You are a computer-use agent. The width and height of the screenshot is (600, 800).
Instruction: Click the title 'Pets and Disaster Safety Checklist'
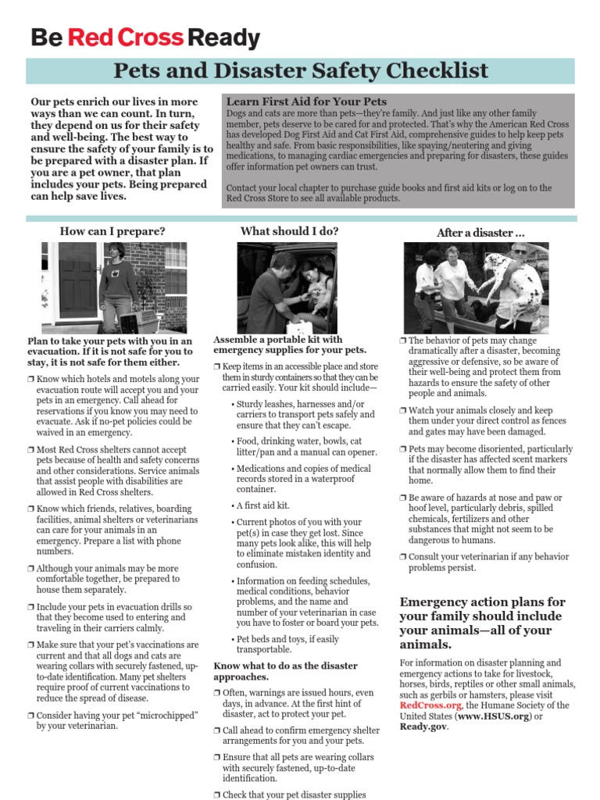(x=301, y=71)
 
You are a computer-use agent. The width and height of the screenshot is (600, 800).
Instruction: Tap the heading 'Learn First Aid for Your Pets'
(x=306, y=102)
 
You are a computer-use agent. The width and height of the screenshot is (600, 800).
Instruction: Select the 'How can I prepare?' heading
(x=112, y=231)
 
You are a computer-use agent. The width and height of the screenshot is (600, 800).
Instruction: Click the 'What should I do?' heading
(x=289, y=230)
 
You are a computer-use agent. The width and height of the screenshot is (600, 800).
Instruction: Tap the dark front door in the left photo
(x=77, y=281)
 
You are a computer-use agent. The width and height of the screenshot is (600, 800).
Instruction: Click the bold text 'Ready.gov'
(x=423, y=727)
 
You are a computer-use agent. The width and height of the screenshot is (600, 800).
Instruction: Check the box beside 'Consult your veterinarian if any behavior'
(x=403, y=557)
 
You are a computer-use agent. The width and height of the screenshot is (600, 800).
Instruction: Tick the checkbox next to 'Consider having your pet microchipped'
(x=30, y=715)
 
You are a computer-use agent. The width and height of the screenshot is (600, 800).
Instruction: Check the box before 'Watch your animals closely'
(x=403, y=410)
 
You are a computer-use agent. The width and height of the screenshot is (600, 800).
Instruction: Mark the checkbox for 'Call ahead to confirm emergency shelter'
(x=217, y=730)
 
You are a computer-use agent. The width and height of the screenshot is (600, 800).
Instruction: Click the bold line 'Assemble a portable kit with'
(x=277, y=340)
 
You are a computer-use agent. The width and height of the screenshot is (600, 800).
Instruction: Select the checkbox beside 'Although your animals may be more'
(x=30, y=569)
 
